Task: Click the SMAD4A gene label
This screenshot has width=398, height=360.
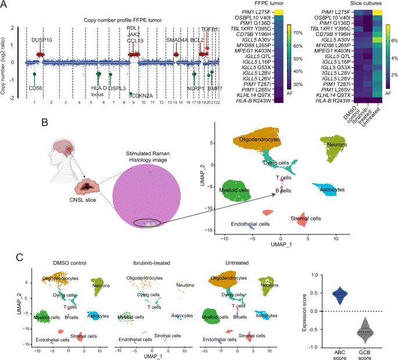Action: click(x=177, y=40)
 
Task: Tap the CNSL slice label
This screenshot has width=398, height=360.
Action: click(x=88, y=204)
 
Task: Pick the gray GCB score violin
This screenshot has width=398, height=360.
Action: click(x=365, y=332)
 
